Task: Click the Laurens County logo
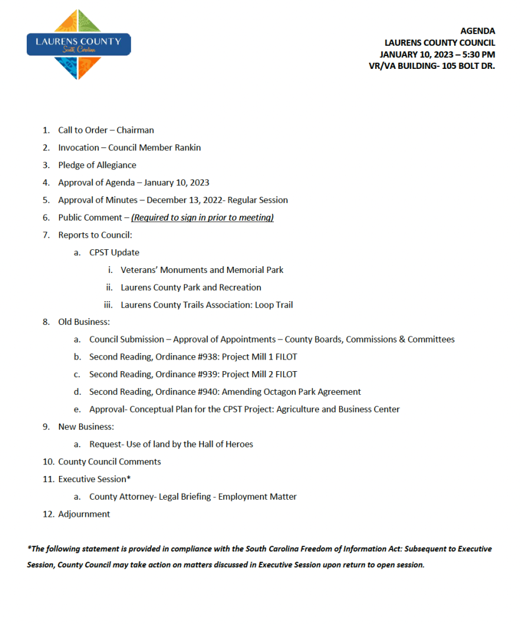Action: pos(79,44)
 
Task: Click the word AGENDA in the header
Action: pos(477,31)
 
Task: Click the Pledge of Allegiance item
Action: pos(97,165)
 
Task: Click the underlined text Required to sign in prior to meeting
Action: pos(202,218)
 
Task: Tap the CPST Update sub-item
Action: pos(114,252)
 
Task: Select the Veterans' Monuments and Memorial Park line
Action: pos(202,270)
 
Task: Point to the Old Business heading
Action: pos(83,322)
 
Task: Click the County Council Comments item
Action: pos(110,462)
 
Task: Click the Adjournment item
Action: pos(84,514)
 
